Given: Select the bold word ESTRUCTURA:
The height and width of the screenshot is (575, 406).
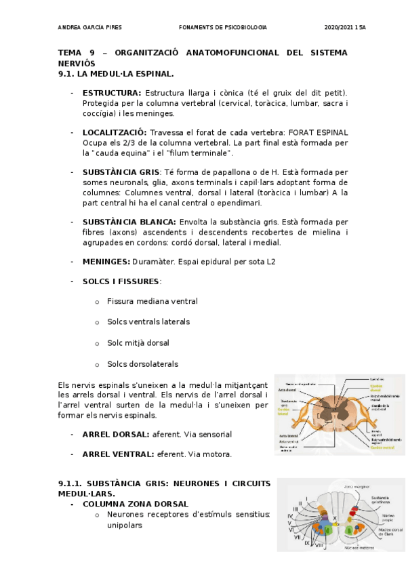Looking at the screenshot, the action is [112, 92].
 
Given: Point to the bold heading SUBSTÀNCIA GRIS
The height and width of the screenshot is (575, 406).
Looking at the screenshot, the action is [121, 172].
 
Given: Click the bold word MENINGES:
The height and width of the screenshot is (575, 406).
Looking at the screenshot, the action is [106, 262].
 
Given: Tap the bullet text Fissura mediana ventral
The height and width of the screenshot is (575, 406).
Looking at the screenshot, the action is [153, 301].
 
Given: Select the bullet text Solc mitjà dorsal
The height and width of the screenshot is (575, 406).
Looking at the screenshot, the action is [138, 343].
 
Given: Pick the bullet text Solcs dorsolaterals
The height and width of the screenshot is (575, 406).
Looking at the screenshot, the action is [143, 364].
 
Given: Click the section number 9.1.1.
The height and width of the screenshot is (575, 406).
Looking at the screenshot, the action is [72, 483].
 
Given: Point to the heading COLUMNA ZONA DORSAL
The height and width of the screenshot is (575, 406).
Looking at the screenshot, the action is [135, 504].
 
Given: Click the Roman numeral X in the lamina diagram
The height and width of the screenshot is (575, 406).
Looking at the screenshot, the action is [334, 517].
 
